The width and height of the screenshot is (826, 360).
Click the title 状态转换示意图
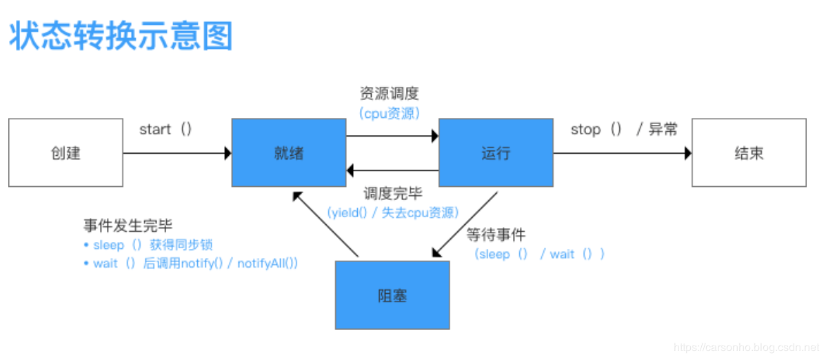coord(121,36)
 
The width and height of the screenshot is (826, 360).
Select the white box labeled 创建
coord(66,152)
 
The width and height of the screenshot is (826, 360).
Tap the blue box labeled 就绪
coord(288,152)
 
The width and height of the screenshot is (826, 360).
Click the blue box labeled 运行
coord(496,152)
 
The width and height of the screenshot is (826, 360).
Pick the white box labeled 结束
coord(749,152)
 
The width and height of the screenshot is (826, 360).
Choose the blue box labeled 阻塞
coord(392,295)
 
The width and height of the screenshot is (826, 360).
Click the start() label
coord(165,130)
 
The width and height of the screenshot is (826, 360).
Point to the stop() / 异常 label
coord(624,130)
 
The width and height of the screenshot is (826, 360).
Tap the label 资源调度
coord(389,94)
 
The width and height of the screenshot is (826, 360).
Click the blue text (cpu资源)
coord(389,113)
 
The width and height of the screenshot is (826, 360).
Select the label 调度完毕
coord(393,194)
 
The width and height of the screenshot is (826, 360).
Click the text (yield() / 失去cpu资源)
coord(393,212)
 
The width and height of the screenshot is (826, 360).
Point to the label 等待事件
coord(496,234)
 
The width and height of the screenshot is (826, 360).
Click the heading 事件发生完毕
coord(128,226)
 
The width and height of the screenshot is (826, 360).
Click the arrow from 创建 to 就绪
coord(177,153)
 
